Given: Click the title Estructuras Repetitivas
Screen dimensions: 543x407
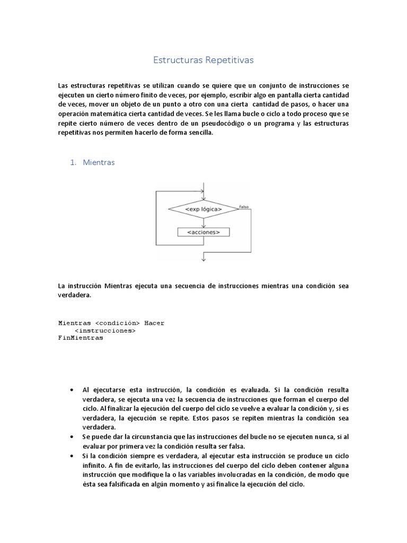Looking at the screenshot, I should tap(203, 60).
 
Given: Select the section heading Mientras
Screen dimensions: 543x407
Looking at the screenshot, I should tap(99, 163).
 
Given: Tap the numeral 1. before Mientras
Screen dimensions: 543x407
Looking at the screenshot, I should tap(73, 163).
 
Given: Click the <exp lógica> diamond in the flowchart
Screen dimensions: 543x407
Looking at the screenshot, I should tap(203, 210).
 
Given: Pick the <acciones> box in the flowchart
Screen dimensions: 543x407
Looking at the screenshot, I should tap(203, 232).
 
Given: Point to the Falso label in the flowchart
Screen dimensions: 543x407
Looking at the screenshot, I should tap(244, 206).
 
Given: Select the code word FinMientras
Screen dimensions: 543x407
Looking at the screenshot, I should tap(81, 338).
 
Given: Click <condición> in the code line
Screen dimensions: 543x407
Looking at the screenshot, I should tap(117, 323).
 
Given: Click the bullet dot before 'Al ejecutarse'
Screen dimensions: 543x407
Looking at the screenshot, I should tap(72, 389).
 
